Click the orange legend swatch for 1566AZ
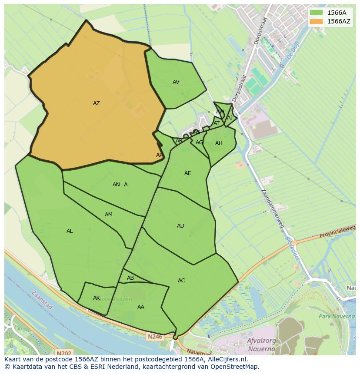pyautogui.click(x=316, y=21)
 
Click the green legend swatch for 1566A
pyautogui.click(x=316, y=13)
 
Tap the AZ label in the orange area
pyautogui.click(x=97, y=103)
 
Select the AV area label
pyautogui.click(x=176, y=82)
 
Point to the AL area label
pyautogui.click(x=70, y=231)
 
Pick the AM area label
pyautogui.click(x=109, y=215)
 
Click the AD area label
pyautogui.click(x=180, y=226)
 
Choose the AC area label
pyautogui.click(x=181, y=281)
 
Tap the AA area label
pyautogui.click(x=141, y=307)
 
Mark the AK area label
pyautogui.click(x=97, y=298)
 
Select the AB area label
pyautogui.click(x=130, y=278)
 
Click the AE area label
pyautogui.click(x=187, y=173)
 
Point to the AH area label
pyautogui.click(x=219, y=143)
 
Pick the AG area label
pyautogui.click(x=199, y=142)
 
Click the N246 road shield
pyautogui.click(x=154, y=336)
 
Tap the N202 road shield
pyautogui.click(x=64, y=354)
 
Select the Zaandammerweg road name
pyautogui.click(x=273, y=209)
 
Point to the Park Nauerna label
pyautogui.click(x=337, y=316)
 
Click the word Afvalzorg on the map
pyautogui.click(x=261, y=341)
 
